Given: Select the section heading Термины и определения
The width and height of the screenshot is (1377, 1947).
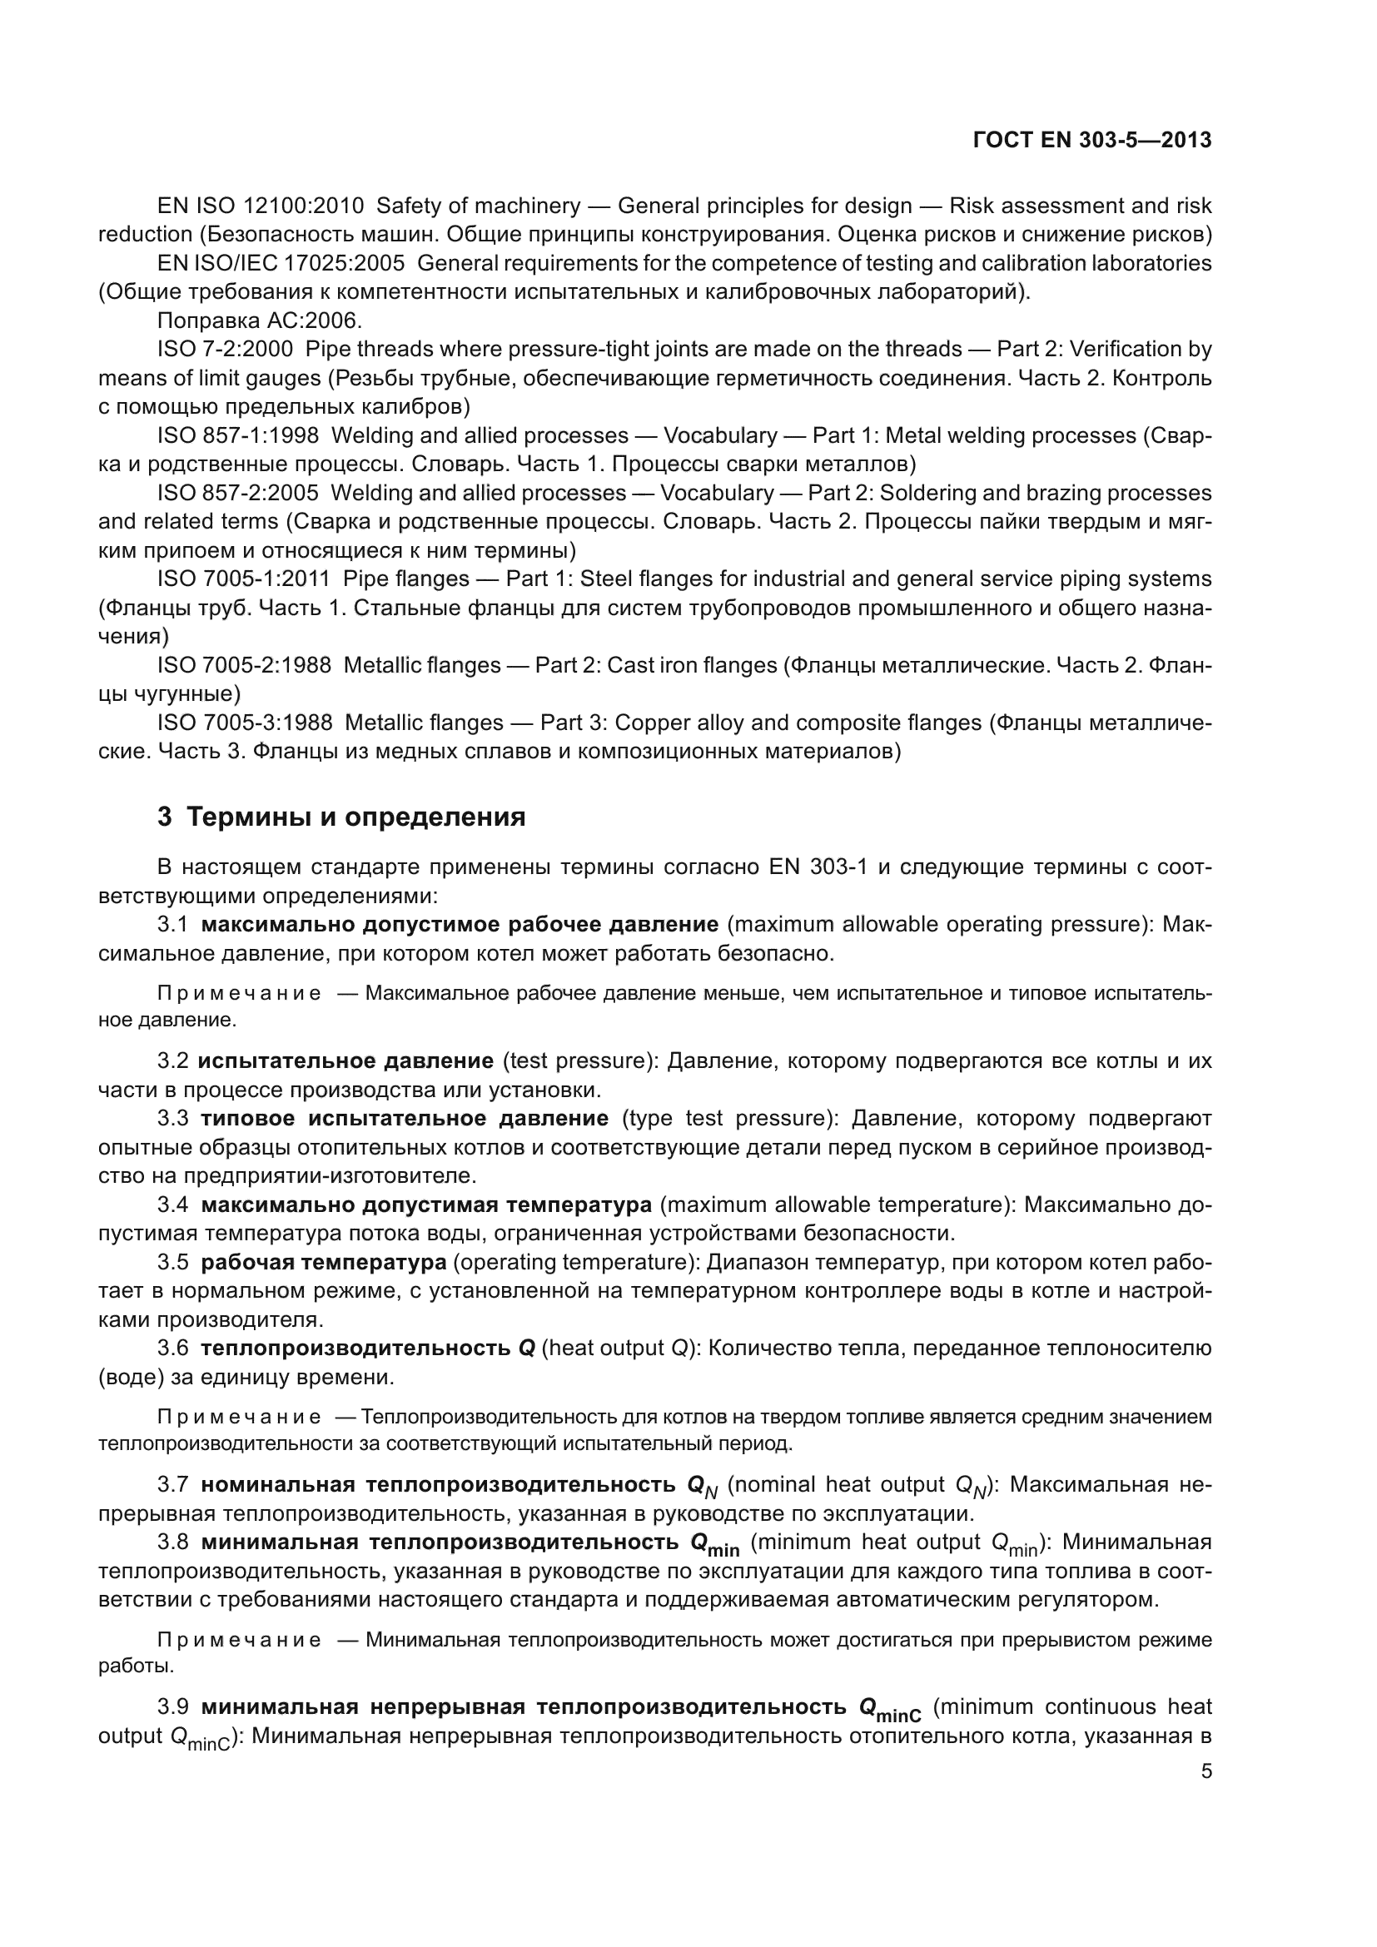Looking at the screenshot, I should [355, 817].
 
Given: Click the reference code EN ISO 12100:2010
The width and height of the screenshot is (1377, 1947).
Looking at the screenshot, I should [261, 206].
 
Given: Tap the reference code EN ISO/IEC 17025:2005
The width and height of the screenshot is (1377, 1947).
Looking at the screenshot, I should [281, 263].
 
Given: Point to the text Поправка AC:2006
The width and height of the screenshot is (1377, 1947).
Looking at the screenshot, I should [260, 320].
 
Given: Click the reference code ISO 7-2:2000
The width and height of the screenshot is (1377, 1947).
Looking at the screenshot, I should [225, 350].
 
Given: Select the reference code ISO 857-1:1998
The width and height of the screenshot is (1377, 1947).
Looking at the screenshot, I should [237, 436].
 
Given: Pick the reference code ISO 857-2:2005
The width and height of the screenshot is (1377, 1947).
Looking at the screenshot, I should [237, 493].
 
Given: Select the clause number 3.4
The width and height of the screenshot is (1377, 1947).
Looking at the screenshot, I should [172, 1204].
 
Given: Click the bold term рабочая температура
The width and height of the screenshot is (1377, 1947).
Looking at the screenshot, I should [323, 1262].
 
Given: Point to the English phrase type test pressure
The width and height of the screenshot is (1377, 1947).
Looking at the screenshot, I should [724, 1119].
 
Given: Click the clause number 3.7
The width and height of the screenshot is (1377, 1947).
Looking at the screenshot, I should [172, 1485].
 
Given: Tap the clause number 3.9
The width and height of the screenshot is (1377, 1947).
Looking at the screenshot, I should [172, 1706].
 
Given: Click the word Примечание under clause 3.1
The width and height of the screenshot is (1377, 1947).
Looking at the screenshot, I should [239, 994].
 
